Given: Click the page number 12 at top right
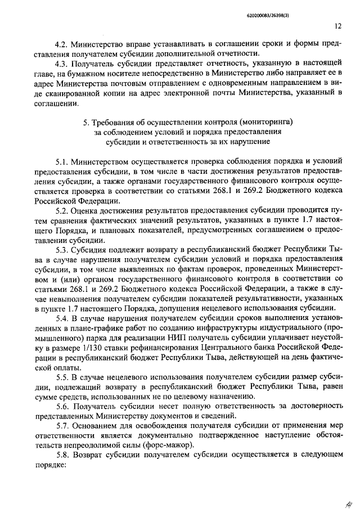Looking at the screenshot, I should click(x=337, y=25).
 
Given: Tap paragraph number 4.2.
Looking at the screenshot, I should click(x=61, y=44).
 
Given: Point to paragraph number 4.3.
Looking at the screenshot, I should click(x=61, y=64).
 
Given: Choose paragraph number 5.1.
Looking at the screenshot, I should click(x=64, y=161).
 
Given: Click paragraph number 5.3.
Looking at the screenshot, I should click(x=64, y=249).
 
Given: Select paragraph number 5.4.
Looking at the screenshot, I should click(x=64, y=318).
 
